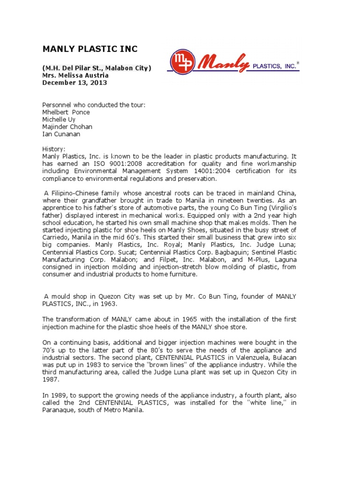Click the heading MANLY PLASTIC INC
[x=90, y=49]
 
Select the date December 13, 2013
[x=75, y=82]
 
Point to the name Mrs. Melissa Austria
[x=75, y=75]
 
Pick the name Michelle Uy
[x=60, y=120]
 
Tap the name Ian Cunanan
[x=61, y=135]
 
